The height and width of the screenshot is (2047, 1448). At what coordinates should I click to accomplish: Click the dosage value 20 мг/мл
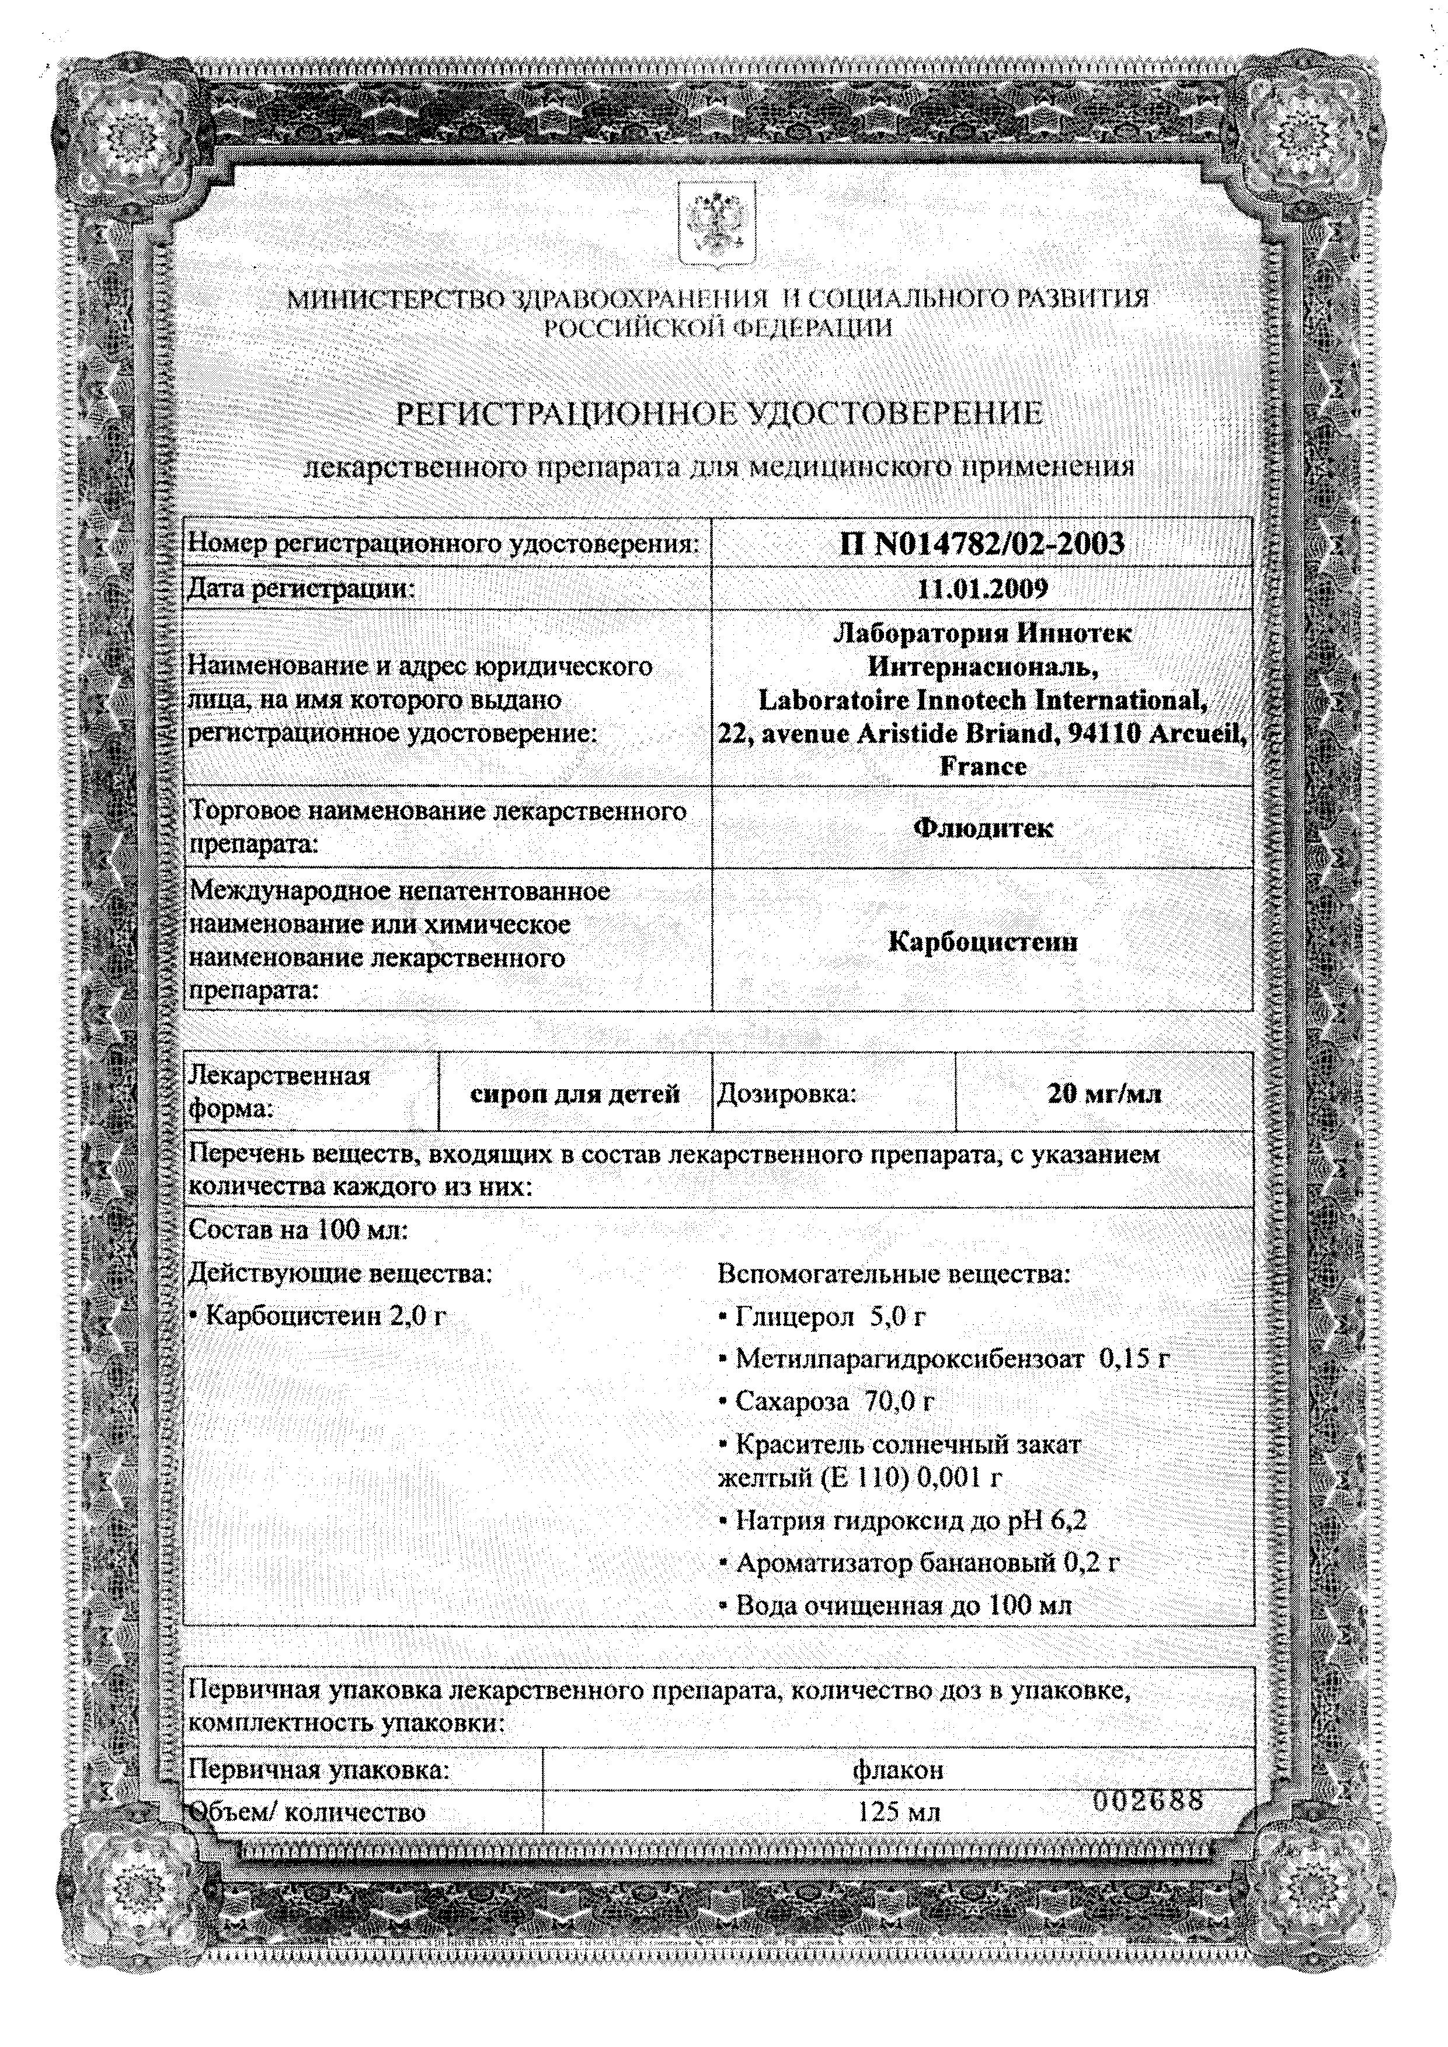1105,1093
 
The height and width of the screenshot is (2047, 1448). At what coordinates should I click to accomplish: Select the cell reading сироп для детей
575,1093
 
